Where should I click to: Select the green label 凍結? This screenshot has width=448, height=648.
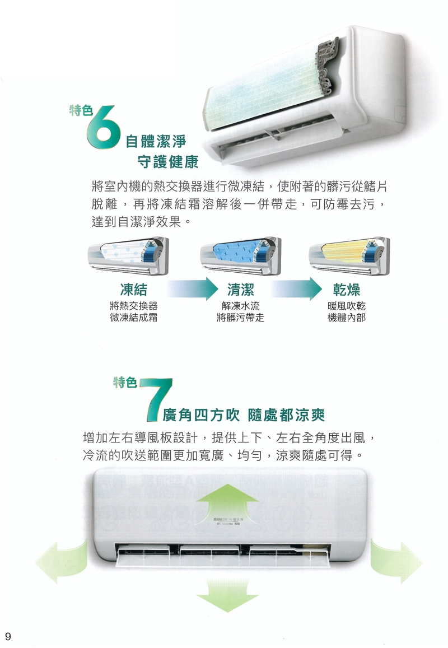(134, 290)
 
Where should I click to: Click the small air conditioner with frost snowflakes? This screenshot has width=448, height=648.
(127, 254)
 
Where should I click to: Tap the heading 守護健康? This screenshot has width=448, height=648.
(168, 162)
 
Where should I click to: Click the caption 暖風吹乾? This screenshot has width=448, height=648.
(347, 307)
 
